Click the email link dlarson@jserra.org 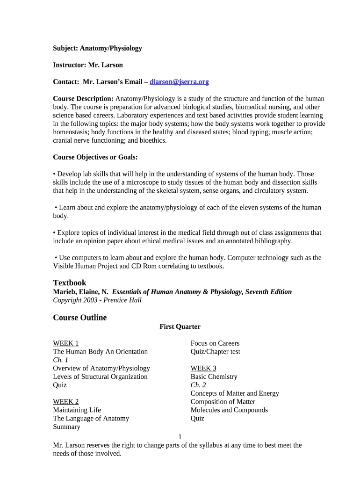(x=179, y=82)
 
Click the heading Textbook (x=70, y=283)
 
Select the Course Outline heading (x=80, y=318)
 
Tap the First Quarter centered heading (x=180, y=327)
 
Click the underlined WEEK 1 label (x=66, y=343)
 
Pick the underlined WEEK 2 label (x=66, y=402)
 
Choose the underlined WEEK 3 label (x=203, y=368)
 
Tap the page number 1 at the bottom (x=180, y=437)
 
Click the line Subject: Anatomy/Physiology (x=97, y=48)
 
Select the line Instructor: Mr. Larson (x=88, y=65)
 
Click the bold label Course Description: (x=83, y=99)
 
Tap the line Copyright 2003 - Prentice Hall (x=97, y=300)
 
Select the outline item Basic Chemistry (x=214, y=377)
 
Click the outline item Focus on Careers (x=215, y=343)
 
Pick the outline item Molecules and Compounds (x=229, y=410)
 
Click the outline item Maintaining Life (x=77, y=410)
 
